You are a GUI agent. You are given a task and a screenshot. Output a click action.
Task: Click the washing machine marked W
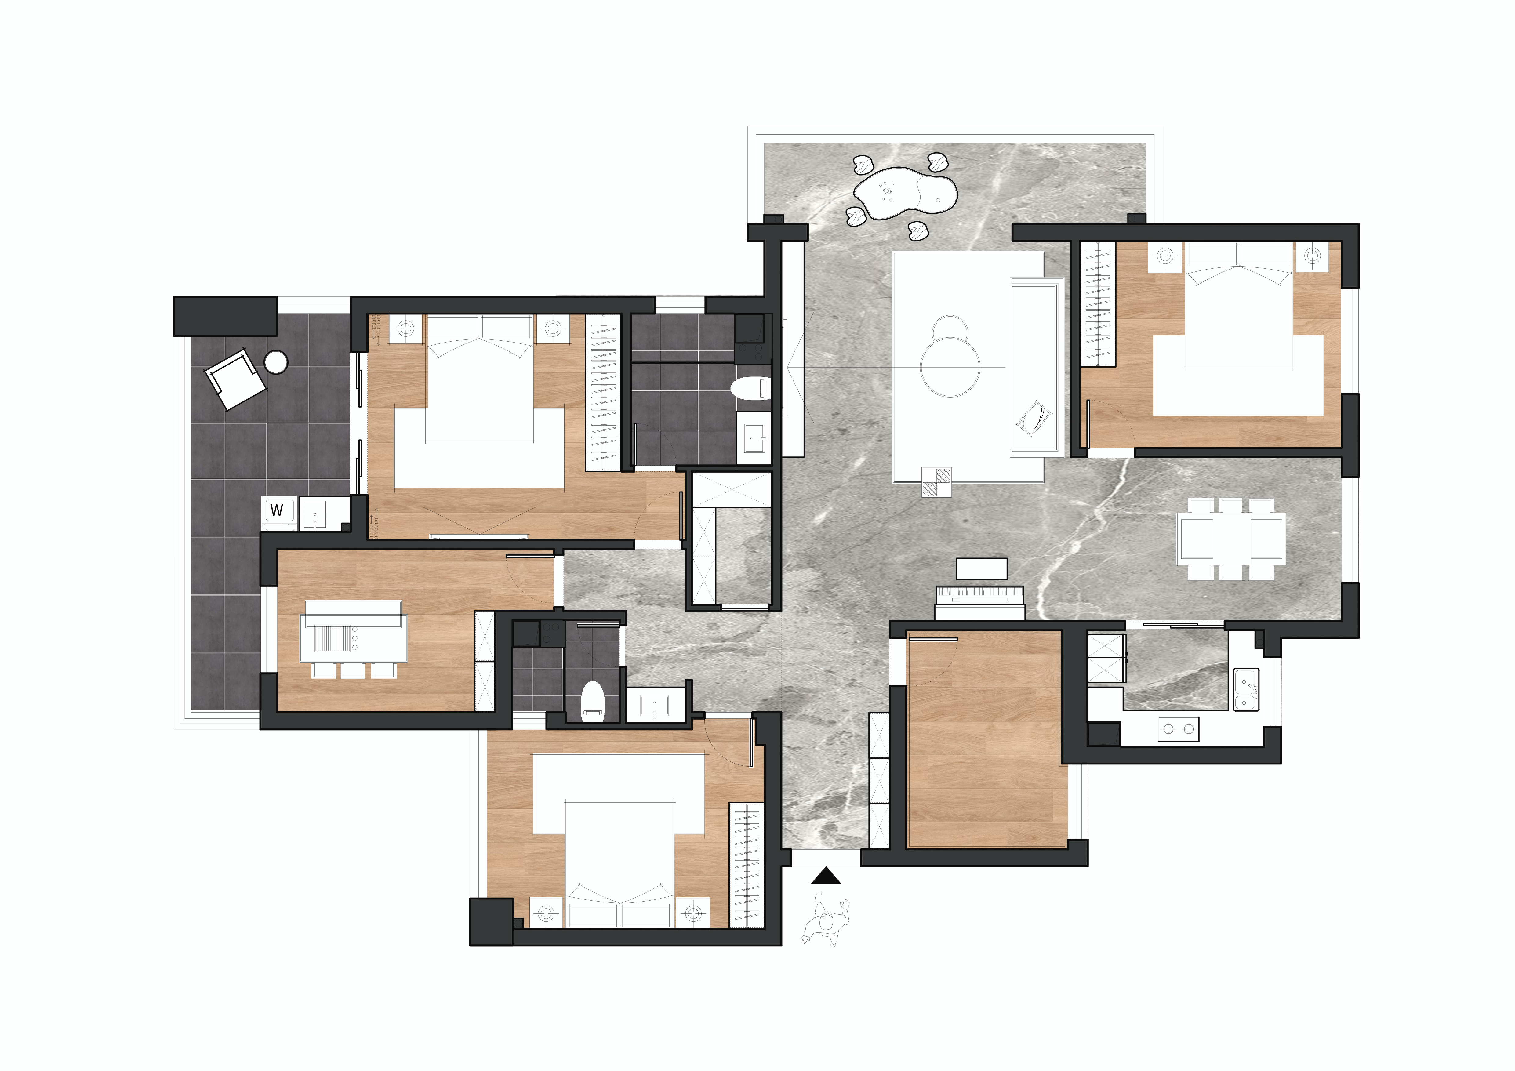(x=278, y=512)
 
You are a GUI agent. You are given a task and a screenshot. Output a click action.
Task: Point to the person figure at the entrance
(x=826, y=919)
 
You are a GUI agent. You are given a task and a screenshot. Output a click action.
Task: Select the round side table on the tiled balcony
(x=276, y=362)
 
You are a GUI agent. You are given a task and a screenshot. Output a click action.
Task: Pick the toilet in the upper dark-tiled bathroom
(x=750, y=388)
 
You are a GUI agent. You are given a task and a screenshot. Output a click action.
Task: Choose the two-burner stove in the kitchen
(x=1179, y=729)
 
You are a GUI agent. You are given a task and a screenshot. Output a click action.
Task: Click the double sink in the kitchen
(x=1246, y=690)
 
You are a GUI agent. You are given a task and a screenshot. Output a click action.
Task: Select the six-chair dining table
(x=1231, y=539)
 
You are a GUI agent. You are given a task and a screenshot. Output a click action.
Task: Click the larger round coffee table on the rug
(x=950, y=367)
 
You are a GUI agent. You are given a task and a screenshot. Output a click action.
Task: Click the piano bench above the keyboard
(x=982, y=569)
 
